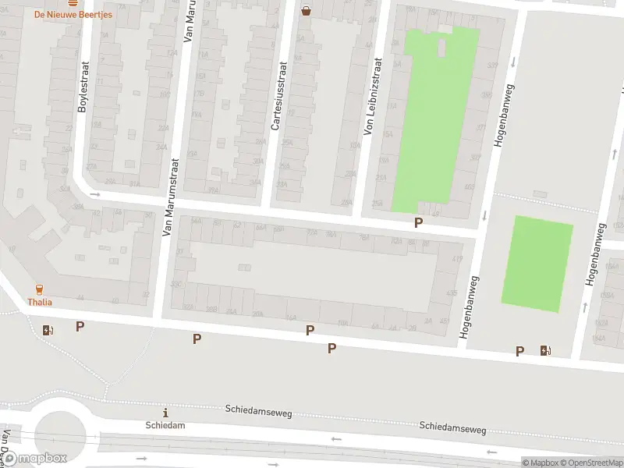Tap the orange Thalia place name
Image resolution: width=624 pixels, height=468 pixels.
tap(40, 301)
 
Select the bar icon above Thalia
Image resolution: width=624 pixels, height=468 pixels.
tap(40, 289)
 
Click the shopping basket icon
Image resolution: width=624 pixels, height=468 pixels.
tap(307, 11)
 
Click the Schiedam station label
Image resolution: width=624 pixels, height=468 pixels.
tap(165, 425)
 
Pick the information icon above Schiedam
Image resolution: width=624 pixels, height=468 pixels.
tap(165, 412)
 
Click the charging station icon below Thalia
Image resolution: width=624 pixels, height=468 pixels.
tap(48, 329)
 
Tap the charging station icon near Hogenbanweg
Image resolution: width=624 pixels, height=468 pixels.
tap(544, 350)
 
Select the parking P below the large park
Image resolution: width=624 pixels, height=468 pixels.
tap(419, 223)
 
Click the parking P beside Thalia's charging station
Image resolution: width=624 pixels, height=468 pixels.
tap(80, 327)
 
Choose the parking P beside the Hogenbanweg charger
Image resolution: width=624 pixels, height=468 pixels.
tap(519, 351)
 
